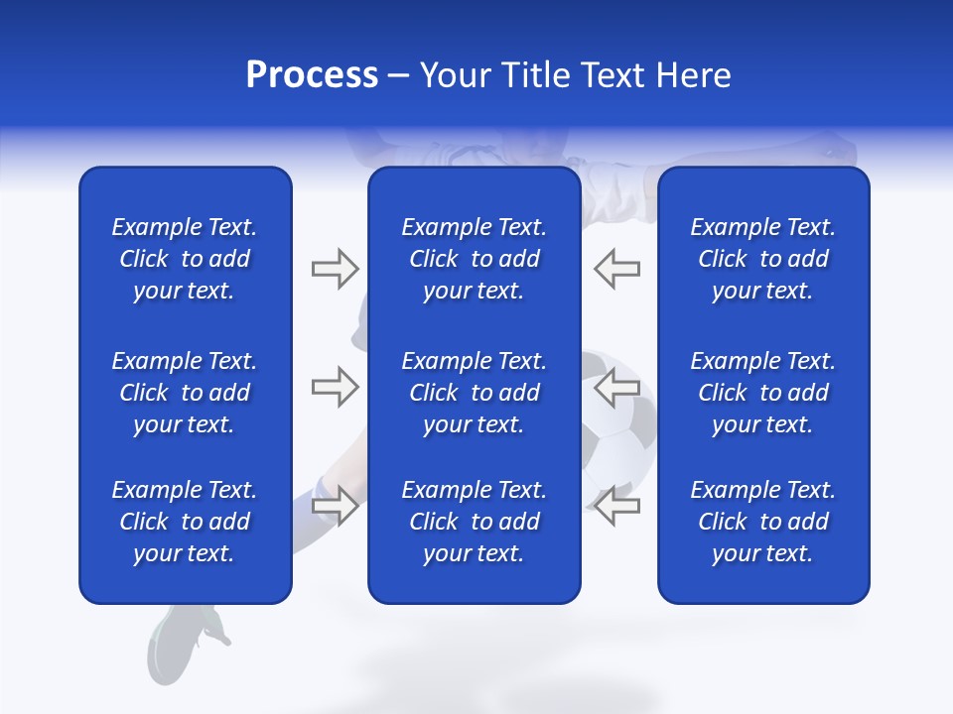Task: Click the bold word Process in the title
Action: coord(312,75)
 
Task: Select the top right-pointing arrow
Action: coord(335,269)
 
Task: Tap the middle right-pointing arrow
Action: coord(335,387)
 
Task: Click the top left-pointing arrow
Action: coord(617,269)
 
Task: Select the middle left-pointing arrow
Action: coord(617,387)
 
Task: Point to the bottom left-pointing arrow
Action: coord(617,506)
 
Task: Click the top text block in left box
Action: coord(185,259)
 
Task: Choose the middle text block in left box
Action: coord(185,393)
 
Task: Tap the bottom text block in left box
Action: coord(185,522)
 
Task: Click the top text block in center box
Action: coord(474,259)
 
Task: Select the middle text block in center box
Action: coord(474,393)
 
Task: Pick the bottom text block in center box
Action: coord(474,522)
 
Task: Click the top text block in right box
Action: coord(762,259)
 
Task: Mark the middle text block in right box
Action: coord(762,393)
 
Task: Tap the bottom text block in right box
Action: coord(762,522)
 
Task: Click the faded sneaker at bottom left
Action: coord(189,640)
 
